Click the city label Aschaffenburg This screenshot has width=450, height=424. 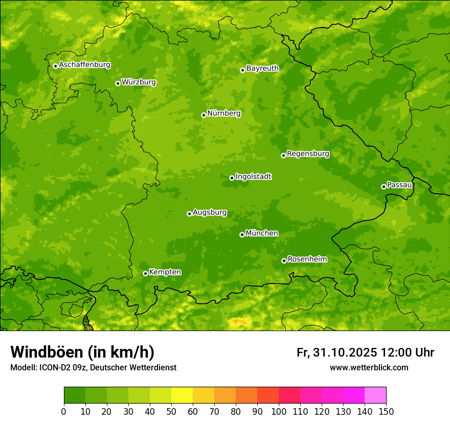coord(84,65)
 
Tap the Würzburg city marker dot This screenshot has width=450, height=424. coord(118,83)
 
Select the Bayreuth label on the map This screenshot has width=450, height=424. coord(262,68)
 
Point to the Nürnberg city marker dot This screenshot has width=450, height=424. coord(204,115)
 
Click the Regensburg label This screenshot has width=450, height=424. coord(308,154)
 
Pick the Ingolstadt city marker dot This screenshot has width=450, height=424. coord(232,178)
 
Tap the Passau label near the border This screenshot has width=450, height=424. coord(399,185)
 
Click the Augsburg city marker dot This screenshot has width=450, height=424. coord(189,214)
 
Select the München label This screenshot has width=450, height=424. coord(262,233)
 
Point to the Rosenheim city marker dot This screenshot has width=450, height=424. coord(284,261)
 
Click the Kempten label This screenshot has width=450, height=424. coord(165,272)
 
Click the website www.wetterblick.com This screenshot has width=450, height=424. coord(369,367)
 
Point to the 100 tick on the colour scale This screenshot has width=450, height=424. coord(279,411)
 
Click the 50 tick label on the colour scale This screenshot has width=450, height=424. coord(171,411)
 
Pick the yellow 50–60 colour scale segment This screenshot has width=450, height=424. coord(182,395)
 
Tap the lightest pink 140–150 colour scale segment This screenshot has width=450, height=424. coord(375,395)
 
